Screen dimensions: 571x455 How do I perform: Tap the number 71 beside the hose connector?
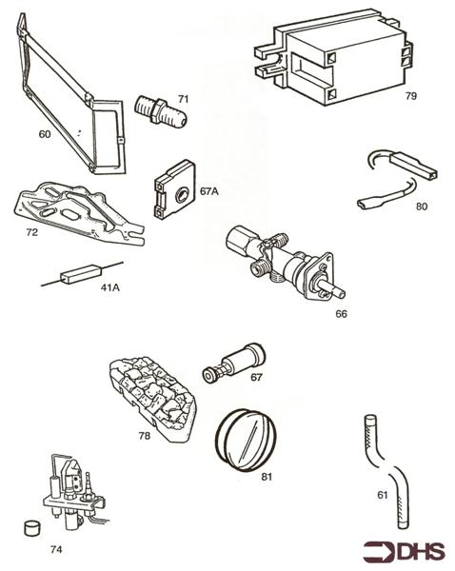click(183, 98)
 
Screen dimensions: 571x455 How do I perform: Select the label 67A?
click(209, 190)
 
